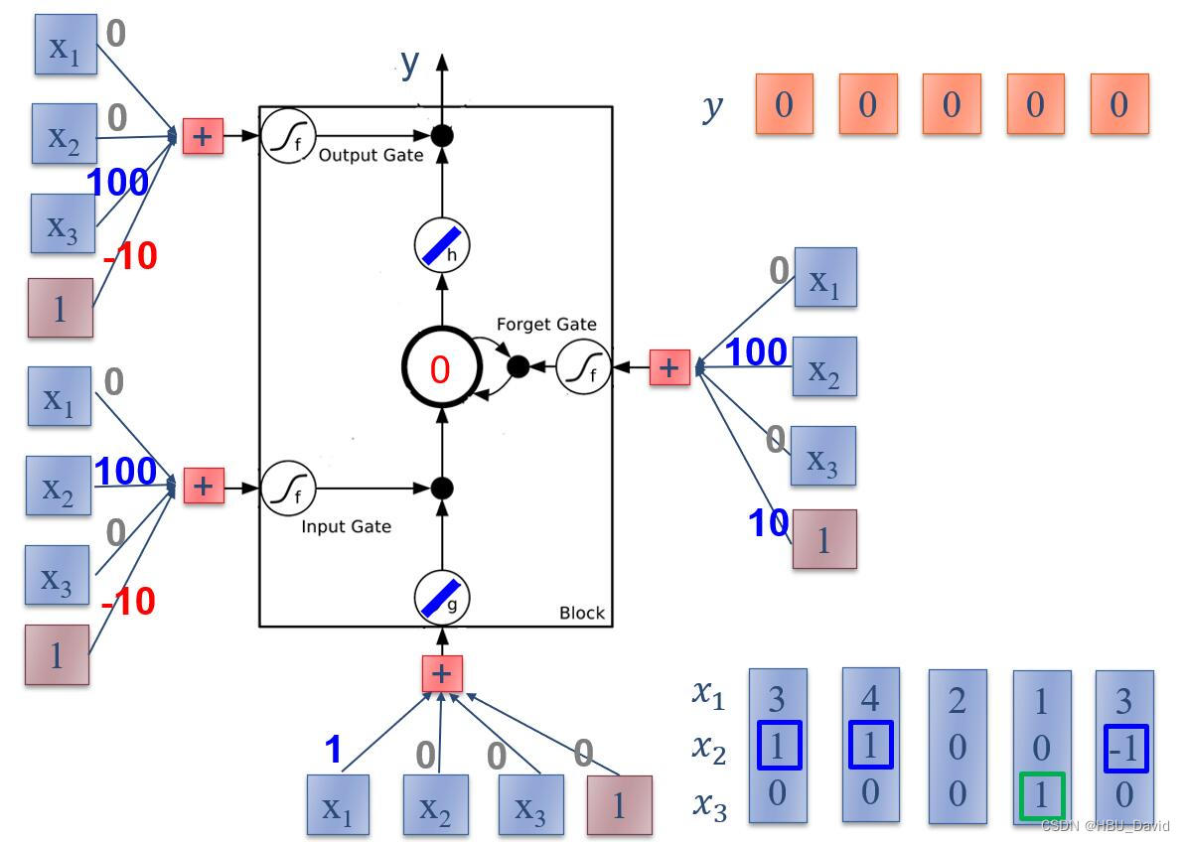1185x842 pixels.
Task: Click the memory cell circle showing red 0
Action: tap(440, 368)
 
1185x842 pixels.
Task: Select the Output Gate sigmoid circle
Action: tap(288, 137)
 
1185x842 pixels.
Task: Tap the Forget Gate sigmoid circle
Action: tap(583, 367)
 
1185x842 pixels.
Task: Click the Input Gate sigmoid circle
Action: tap(288, 487)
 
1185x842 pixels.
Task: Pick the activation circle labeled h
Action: tap(442, 246)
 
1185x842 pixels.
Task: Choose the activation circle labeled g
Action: tap(442, 596)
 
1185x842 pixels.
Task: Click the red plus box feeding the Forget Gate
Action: tap(668, 367)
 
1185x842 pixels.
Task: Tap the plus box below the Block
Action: tap(442, 674)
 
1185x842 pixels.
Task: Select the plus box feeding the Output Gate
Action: tap(203, 137)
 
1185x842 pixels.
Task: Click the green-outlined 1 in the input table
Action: tap(1040, 795)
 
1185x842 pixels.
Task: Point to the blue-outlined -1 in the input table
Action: tap(1124, 748)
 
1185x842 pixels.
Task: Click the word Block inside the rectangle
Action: tap(581, 613)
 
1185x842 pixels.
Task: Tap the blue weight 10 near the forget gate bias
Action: tap(768, 523)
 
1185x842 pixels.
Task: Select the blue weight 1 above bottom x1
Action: tap(334, 750)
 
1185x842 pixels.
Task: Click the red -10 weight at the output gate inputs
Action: tap(130, 256)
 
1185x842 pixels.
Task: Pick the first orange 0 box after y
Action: tap(784, 104)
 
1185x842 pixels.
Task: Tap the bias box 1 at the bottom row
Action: tap(619, 805)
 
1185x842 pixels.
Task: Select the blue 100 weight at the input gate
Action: tap(125, 472)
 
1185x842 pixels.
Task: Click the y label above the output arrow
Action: tap(410, 64)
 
